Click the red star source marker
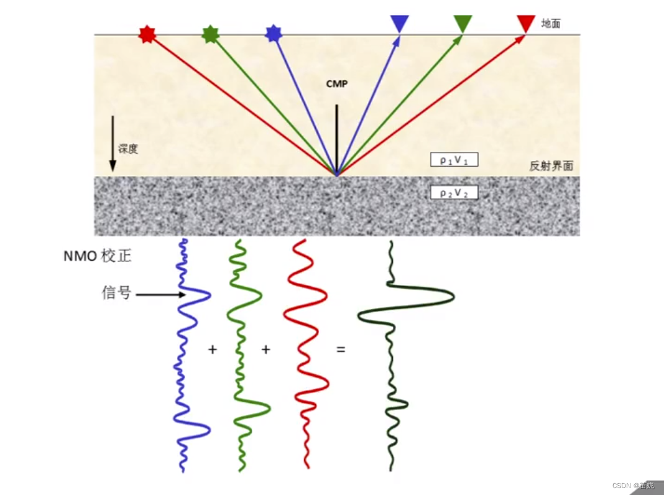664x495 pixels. [x=147, y=34]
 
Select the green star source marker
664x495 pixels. [x=211, y=34]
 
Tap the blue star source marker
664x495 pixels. [x=274, y=34]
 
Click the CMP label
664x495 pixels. [x=336, y=83]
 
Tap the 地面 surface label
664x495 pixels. [x=551, y=24]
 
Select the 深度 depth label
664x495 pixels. [x=128, y=149]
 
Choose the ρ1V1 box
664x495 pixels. [x=454, y=159]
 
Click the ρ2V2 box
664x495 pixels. [x=454, y=193]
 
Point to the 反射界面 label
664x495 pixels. [x=551, y=166]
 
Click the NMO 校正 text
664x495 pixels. [x=97, y=256]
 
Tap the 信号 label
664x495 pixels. [x=116, y=293]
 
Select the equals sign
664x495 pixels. [x=341, y=349]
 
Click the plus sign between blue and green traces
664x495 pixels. [x=213, y=349]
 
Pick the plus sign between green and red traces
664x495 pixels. [x=266, y=349]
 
